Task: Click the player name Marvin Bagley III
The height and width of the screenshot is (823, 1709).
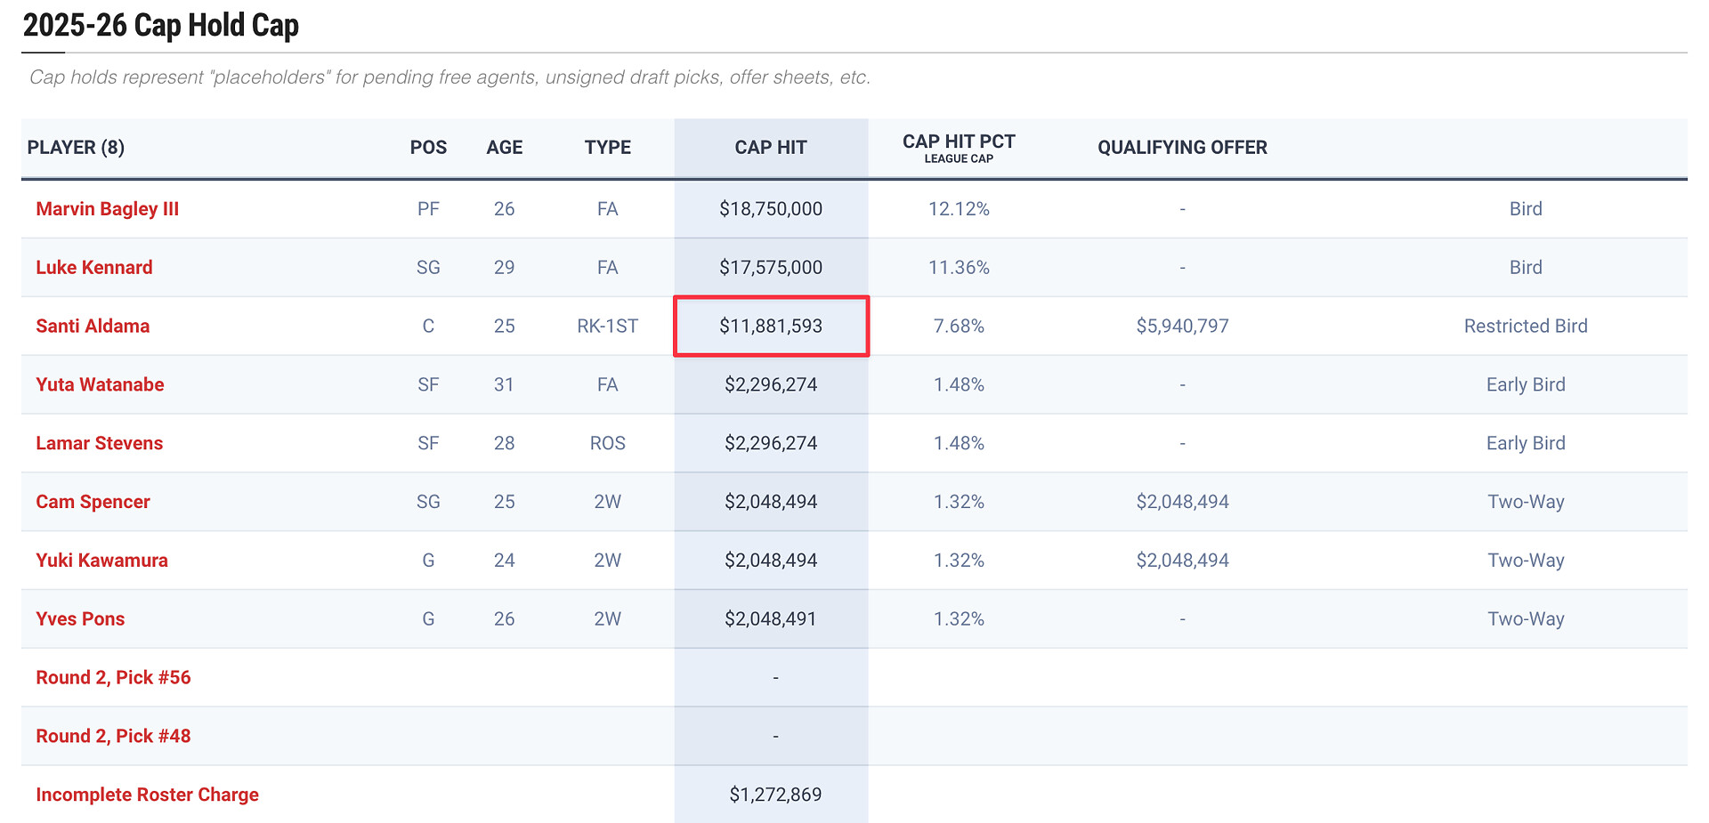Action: point(107,209)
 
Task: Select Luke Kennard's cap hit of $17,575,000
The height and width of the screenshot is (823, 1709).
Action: point(771,268)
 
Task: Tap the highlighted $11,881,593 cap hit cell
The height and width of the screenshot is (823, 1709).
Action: point(771,327)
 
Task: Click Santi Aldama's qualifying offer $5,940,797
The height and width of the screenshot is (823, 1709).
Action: point(1182,327)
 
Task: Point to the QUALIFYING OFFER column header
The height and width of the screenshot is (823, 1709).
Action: point(1182,148)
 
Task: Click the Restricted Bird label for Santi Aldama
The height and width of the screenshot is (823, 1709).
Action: point(1526,327)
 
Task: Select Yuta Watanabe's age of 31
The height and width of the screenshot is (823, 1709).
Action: point(504,385)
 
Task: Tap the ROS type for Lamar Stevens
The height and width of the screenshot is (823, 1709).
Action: point(607,443)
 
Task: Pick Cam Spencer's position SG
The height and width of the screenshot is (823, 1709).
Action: point(428,502)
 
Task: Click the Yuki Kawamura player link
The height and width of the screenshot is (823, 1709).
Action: point(101,561)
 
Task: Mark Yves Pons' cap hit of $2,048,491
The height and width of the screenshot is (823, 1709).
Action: point(771,619)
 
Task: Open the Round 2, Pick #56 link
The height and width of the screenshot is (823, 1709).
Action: point(113,678)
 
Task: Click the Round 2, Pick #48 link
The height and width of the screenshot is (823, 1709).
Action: point(113,737)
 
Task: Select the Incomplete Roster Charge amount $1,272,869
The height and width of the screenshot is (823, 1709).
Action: point(775,795)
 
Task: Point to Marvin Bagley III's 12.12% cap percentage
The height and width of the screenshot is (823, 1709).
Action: point(959,209)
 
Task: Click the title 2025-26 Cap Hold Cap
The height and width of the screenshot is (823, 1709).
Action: point(160,26)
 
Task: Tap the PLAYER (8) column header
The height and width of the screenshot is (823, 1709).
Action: point(76,148)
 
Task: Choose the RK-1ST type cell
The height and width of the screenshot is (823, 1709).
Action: point(607,327)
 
